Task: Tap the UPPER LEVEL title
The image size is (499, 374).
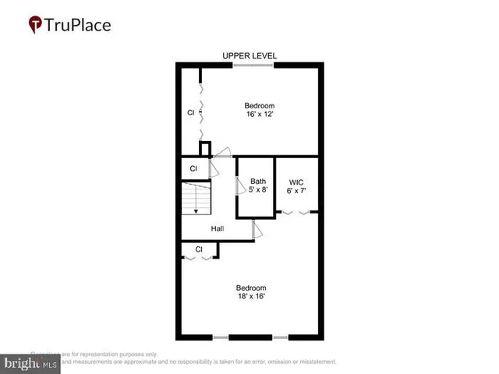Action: click(x=249, y=55)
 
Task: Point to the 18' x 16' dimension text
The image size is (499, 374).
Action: click(x=252, y=296)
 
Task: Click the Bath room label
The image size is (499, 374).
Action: click(x=258, y=182)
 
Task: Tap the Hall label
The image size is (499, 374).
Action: click(x=218, y=228)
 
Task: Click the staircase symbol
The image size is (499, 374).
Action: click(x=196, y=199)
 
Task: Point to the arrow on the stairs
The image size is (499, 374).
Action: click(x=196, y=210)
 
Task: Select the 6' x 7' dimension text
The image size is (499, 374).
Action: click(x=296, y=191)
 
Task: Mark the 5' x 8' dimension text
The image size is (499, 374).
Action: click(x=258, y=191)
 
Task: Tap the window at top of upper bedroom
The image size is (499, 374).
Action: click(x=253, y=65)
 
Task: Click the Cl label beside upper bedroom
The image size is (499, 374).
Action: click(x=190, y=112)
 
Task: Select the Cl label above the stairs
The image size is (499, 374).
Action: click(x=193, y=168)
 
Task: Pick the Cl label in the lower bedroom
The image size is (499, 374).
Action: click(x=199, y=249)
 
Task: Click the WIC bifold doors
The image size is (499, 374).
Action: click(x=299, y=212)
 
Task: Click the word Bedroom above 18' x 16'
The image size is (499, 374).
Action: click(x=252, y=287)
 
